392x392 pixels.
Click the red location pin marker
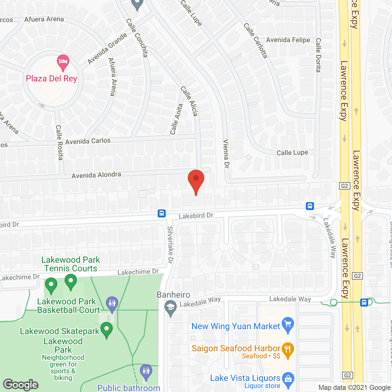[196, 181]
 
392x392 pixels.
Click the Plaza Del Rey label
[51, 79]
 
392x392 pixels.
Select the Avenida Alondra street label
[96, 175]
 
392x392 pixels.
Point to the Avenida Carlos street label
[88, 141]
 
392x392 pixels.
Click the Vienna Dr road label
[226, 154]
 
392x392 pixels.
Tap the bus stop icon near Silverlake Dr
[162, 213]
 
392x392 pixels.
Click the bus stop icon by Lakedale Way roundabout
[310, 206]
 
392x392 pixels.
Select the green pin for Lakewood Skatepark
[107, 330]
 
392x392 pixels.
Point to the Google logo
[21, 385]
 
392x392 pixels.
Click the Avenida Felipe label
[288, 40]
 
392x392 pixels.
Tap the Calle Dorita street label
[318, 55]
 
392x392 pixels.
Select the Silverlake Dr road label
[170, 245]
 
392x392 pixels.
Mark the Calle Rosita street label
[59, 142]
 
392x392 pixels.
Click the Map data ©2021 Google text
[354, 388]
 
